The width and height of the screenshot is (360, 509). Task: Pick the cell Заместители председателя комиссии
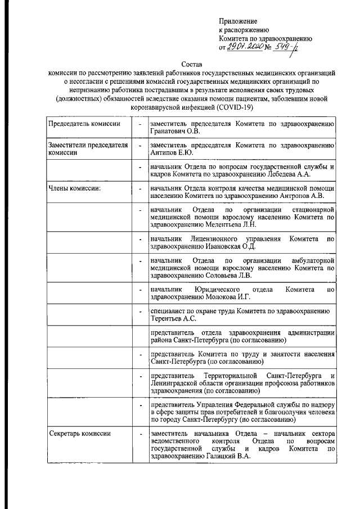click(x=85, y=148)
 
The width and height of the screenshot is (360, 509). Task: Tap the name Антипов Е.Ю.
click(x=173, y=152)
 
